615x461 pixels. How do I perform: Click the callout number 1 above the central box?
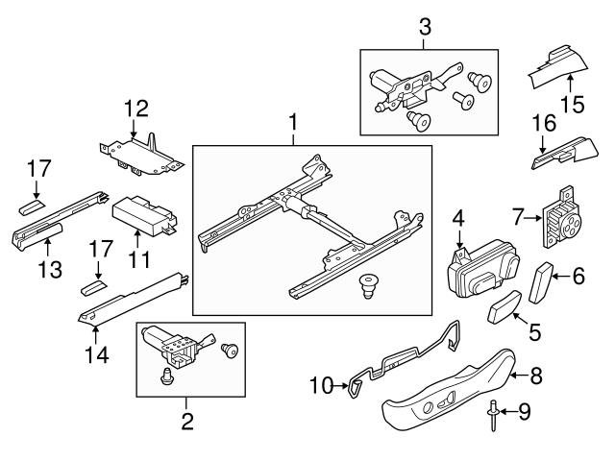(293, 123)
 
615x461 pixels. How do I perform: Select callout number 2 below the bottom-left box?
(187, 420)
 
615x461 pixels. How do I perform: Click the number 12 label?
(137, 108)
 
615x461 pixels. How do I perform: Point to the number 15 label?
(573, 103)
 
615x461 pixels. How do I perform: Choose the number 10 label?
(320, 386)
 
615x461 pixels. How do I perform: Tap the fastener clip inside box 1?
(366, 284)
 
